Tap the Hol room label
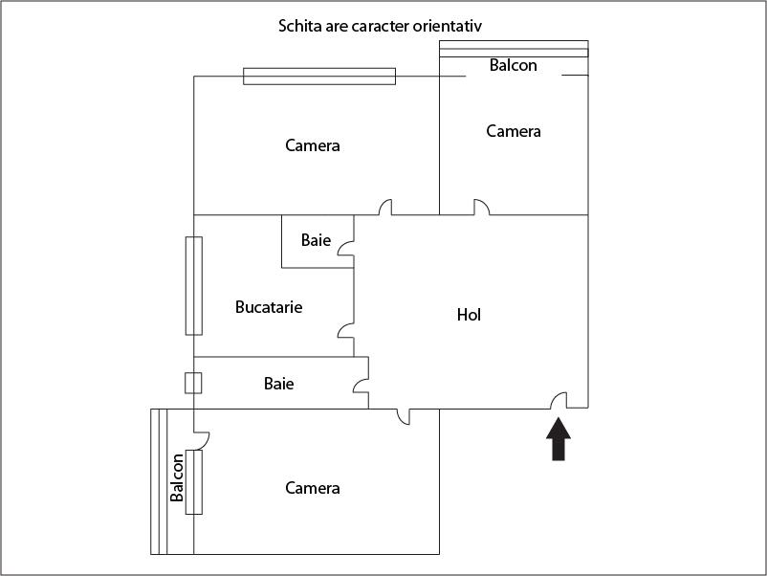coord(469,315)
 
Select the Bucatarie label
coord(269,307)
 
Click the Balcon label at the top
coord(513,66)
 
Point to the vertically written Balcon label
coord(177,478)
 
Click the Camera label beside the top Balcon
coord(514,131)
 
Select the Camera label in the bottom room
coord(313,488)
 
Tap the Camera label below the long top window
coord(313,145)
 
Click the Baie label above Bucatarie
coord(316,240)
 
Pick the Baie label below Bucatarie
coord(278,384)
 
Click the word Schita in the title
coord(300,26)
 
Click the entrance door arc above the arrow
coord(559,399)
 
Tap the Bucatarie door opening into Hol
coord(346,331)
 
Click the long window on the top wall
coord(318,77)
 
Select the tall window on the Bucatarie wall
coord(193,285)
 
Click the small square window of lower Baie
coord(193,383)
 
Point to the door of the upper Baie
coord(347,248)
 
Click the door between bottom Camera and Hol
coord(403,416)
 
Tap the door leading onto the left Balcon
coord(201,439)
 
